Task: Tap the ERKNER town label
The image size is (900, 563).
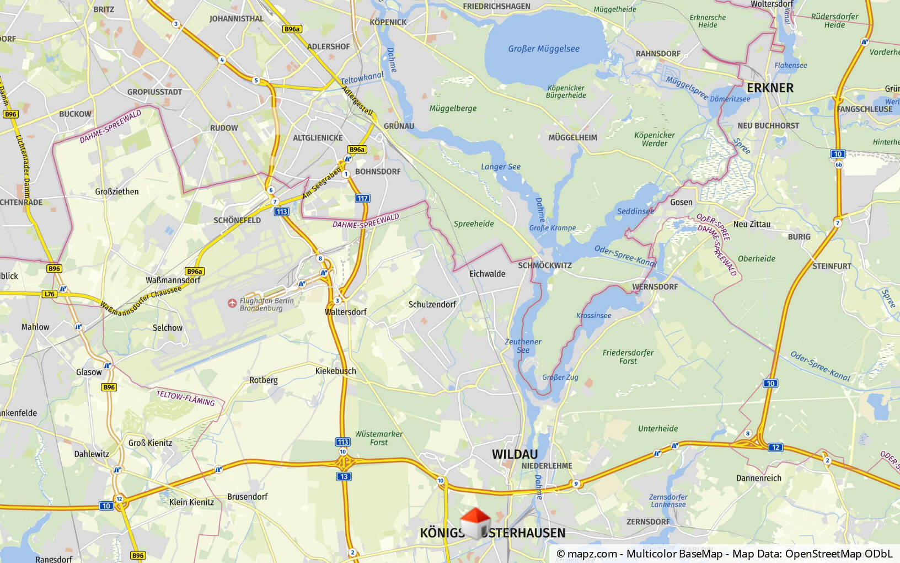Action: tap(770, 88)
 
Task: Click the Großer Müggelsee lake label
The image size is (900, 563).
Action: tap(543, 49)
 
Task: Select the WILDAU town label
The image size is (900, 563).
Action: tap(515, 454)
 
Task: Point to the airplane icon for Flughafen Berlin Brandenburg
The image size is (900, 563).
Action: tap(232, 303)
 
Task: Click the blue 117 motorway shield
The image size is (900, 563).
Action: tap(362, 198)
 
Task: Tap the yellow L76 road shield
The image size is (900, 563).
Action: tap(50, 294)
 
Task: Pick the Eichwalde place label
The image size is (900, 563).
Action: tap(487, 274)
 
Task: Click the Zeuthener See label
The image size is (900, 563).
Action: tap(523, 346)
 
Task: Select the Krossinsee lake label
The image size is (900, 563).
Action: tap(593, 316)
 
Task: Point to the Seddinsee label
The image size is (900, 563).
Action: tap(635, 211)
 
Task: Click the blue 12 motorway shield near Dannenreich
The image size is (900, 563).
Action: tap(775, 447)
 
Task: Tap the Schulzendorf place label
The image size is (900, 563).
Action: tap(432, 304)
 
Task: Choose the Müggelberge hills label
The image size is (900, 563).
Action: tap(453, 108)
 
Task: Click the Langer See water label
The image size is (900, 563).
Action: tap(500, 167)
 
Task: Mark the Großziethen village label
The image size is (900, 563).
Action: tap(117, 192)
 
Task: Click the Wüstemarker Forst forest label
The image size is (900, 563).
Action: tap(379, 438)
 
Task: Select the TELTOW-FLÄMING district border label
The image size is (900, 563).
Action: tap(185, 397)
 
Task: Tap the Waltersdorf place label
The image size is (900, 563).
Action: tap(346, 312)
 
